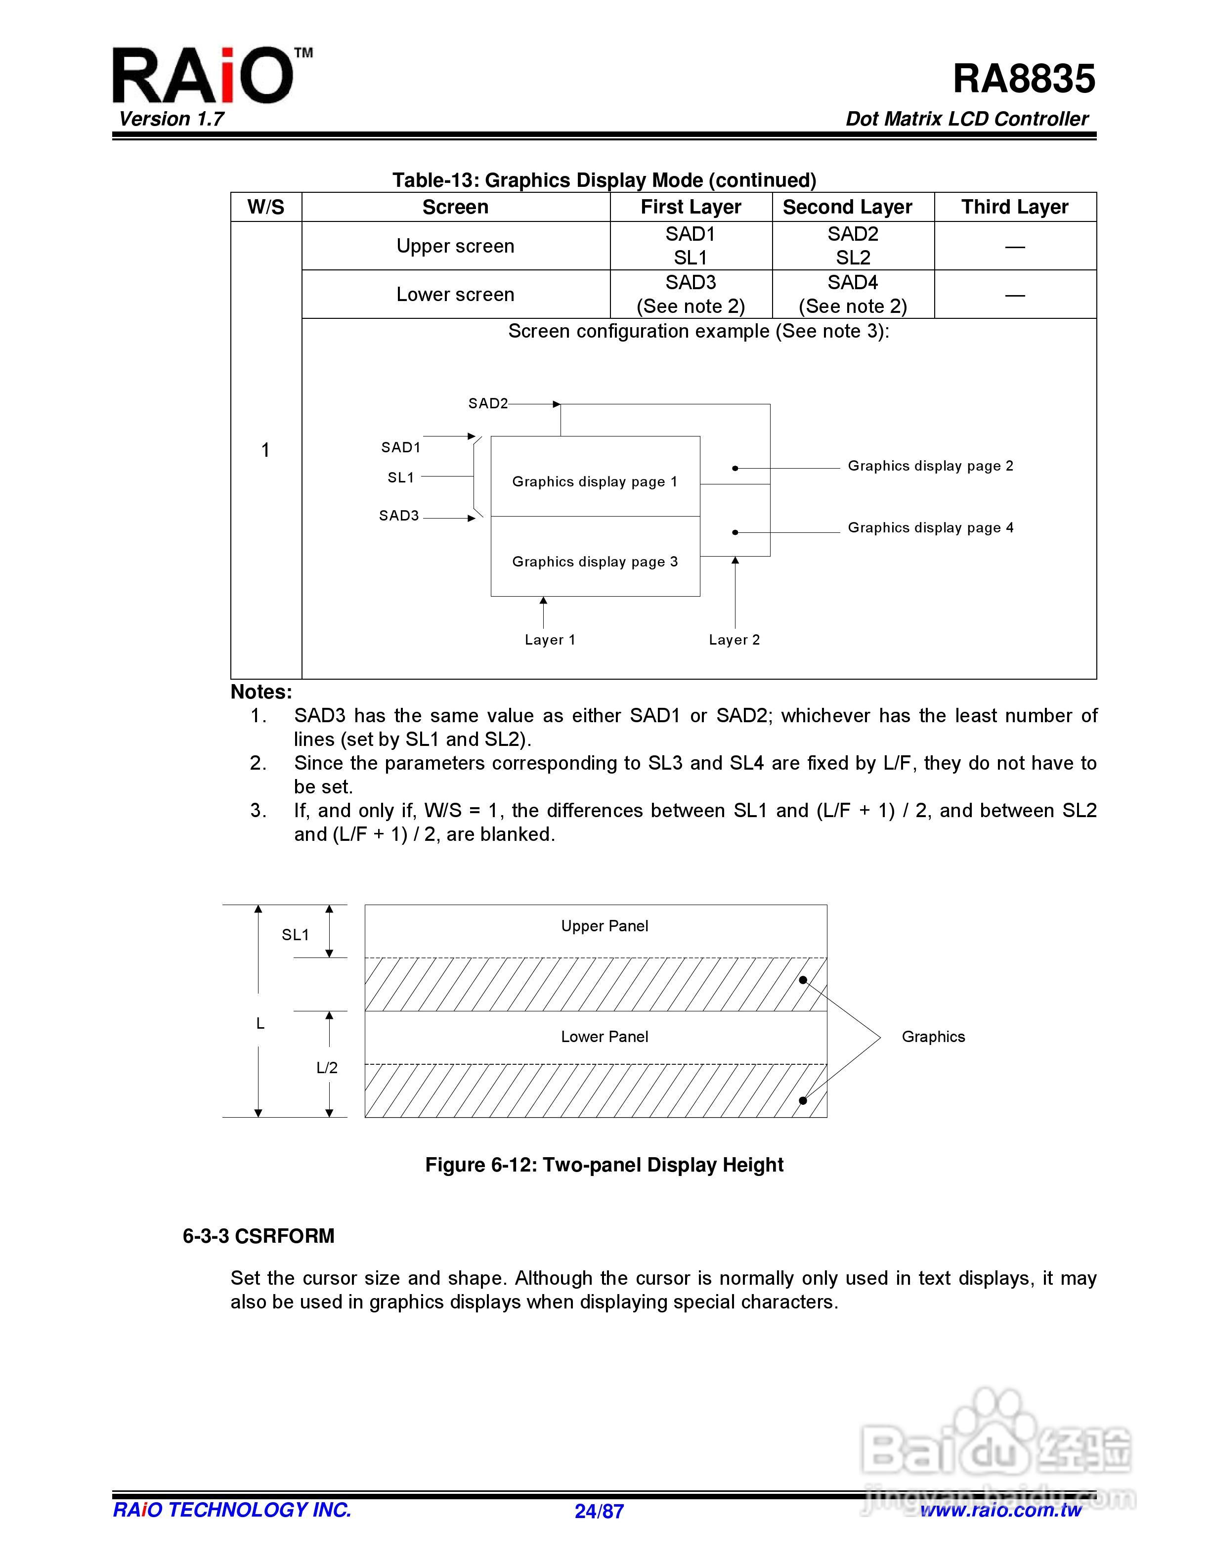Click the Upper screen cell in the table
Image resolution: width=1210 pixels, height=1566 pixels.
(455, 246)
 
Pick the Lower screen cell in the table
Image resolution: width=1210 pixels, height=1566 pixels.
(455, 295)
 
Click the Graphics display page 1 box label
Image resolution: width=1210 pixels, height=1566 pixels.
(594, 482)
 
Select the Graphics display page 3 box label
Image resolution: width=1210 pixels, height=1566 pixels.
(594, 562)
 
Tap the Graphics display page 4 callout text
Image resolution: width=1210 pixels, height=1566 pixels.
(930, 528)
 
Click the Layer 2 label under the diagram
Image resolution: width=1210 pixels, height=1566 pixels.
(734, 640)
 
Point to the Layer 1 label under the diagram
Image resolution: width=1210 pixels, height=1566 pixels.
(550, 640)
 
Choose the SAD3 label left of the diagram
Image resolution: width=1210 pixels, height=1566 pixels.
(398, 516)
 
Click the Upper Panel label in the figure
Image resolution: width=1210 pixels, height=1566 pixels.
(605, 926)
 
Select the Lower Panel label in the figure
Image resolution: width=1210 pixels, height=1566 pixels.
(605, 1037)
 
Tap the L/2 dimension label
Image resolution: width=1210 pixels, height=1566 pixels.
(327, 1068)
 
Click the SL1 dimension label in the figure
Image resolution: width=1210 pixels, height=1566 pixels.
(295, 935)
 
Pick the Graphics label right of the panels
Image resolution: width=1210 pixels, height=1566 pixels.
(933, 1037)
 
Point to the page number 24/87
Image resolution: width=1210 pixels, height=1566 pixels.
(599, 1512)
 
